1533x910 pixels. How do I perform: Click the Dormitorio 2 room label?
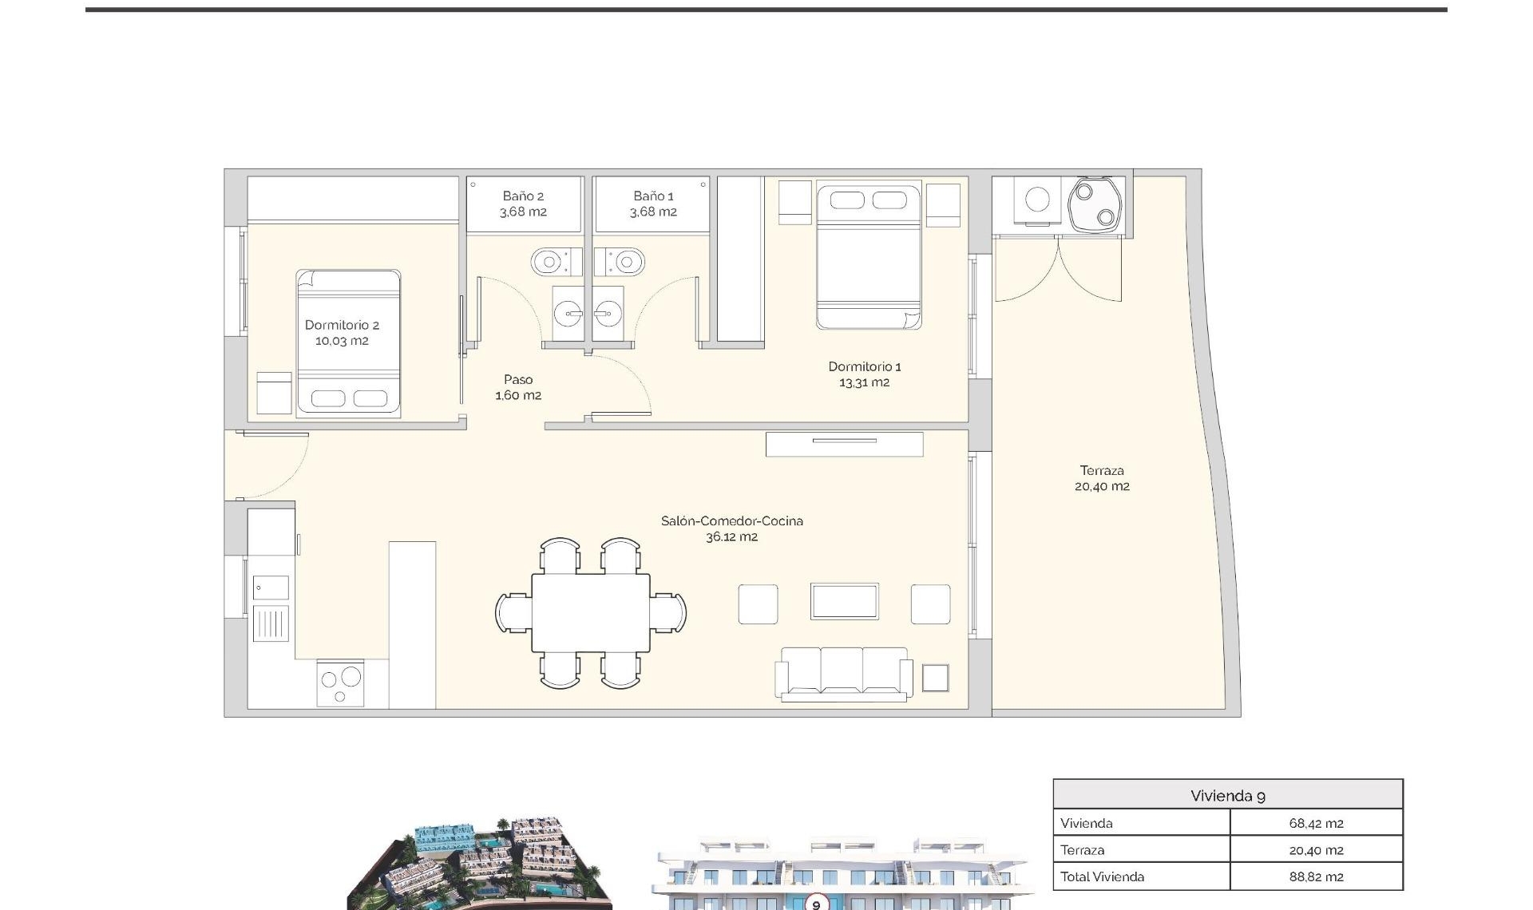tap(342, 325)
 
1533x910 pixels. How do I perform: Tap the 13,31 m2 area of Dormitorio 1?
tap(864, 382)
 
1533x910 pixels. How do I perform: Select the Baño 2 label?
tap(523, 196)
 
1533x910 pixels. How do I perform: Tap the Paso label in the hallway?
tap(518, 379)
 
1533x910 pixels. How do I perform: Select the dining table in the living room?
tap(591, 612)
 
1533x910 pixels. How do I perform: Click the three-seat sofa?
tap(844, 672)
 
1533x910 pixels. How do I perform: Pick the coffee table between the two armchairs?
tap(844, 601)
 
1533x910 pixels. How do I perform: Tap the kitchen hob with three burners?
tap(340, 682)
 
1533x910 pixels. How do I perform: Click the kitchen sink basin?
tap(271, 588)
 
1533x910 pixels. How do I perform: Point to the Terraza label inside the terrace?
tap(1102, 470)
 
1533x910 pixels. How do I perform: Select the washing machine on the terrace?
tap(1036, 200)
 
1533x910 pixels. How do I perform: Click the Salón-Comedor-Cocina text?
tap(731, 520)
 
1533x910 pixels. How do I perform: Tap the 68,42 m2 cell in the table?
tap(1316, 823)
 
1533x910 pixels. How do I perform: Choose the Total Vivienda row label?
tap(1102, 876)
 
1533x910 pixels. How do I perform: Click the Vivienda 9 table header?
tap(1227, 795)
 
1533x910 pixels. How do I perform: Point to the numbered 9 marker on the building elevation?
tap(816, 904)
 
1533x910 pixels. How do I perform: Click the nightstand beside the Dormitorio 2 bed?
tap(274, 393)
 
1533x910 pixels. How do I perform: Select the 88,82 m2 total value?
tap(1316, 876)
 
